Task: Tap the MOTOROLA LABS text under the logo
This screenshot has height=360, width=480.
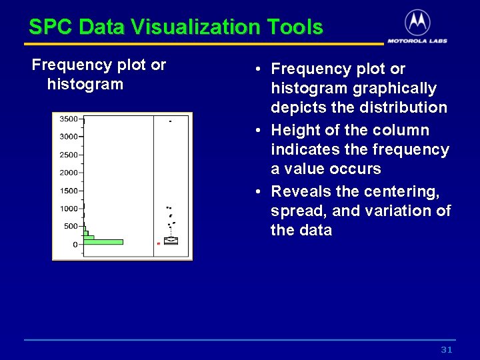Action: pos(417,41)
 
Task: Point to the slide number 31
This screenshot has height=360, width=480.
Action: pos(447,350)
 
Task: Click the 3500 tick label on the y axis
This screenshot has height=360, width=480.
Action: pos(69,119)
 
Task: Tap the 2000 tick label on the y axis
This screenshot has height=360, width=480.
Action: pos(69,173)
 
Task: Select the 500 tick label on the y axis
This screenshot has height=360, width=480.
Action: pos(71,227)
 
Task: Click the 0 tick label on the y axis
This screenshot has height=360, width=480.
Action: pos(75,245)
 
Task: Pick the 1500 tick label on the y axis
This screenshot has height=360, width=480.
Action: pos(69,191)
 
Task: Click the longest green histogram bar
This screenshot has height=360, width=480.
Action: pos(103,242)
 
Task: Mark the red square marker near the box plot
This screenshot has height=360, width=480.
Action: pos(158,244)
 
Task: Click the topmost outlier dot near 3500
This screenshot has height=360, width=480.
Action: pos(170,121)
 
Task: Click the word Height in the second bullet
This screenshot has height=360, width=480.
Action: pos(294,131)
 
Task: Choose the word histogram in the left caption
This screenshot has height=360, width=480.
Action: pos(85,85)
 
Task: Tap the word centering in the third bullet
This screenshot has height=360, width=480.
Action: pos(404,192)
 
